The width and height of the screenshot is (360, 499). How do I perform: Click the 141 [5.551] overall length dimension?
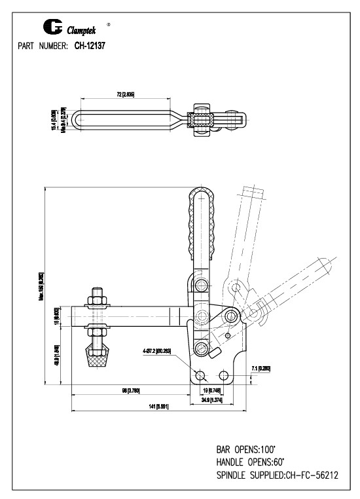click(x=156, y=407)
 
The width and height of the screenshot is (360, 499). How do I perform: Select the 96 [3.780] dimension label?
click(x=130, y=391)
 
